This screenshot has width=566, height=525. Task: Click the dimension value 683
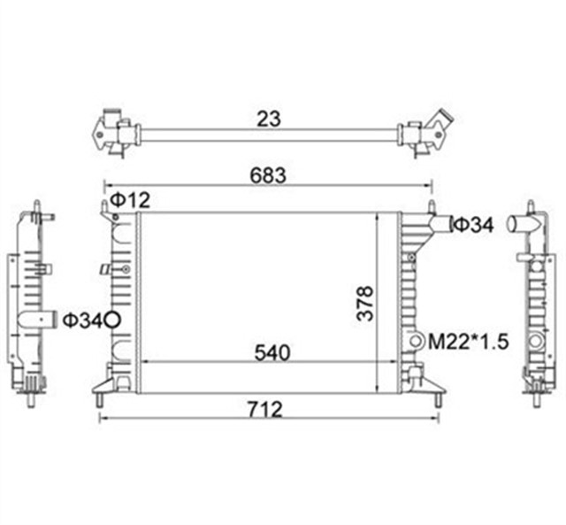click(267, 176)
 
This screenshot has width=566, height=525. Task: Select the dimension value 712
click(264, 409)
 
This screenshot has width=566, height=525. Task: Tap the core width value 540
click(272, 352)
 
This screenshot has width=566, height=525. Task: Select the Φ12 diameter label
click(128, 201)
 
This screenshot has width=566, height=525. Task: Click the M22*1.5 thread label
click(468, 341)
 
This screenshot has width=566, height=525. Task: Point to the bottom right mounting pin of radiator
click(435, 399)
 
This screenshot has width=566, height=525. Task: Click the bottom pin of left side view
click(32, 398)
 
